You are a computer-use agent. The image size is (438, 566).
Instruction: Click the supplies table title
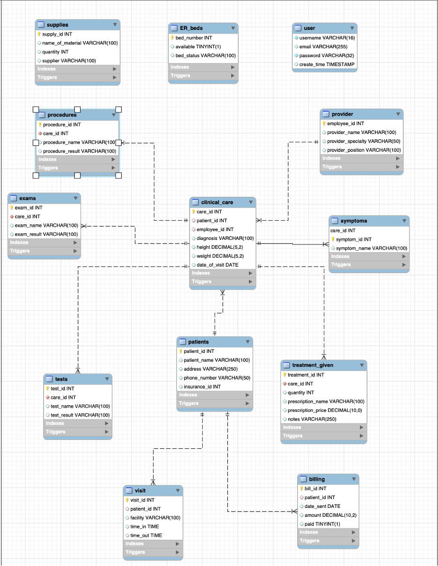click(x=58, y=24)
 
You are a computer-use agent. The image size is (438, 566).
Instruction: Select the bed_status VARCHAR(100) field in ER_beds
click(x=205, y=55)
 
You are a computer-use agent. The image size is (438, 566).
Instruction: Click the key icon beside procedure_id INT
click(x=40, y=125)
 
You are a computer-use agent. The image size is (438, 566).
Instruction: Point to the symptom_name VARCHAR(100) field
click(x=372, y=248)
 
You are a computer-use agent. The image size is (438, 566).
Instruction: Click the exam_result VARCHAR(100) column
click(x=46, y=234)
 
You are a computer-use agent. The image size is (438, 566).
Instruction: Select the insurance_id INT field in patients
click(x=202, y=387)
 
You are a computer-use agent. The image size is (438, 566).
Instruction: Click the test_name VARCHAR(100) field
click(x=80, y=406)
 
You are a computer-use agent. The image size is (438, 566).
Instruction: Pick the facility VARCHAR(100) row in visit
click(x=155, y=518)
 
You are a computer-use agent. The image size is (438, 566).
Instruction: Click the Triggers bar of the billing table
click(x=328, y=541)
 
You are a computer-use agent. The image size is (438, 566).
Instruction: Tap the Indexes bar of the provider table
click(x=361, y=158)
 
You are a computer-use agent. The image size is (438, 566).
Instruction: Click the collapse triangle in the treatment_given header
click(x=362, y=365)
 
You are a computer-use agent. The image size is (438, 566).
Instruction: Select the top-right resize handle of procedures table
click(x=118, y=109)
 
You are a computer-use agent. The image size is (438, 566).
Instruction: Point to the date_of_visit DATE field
click(x=217, y=265)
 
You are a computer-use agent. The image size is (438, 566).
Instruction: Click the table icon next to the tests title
click(x=50, y=379)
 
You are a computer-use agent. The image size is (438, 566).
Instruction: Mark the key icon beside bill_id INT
click(x=301, y=488)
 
